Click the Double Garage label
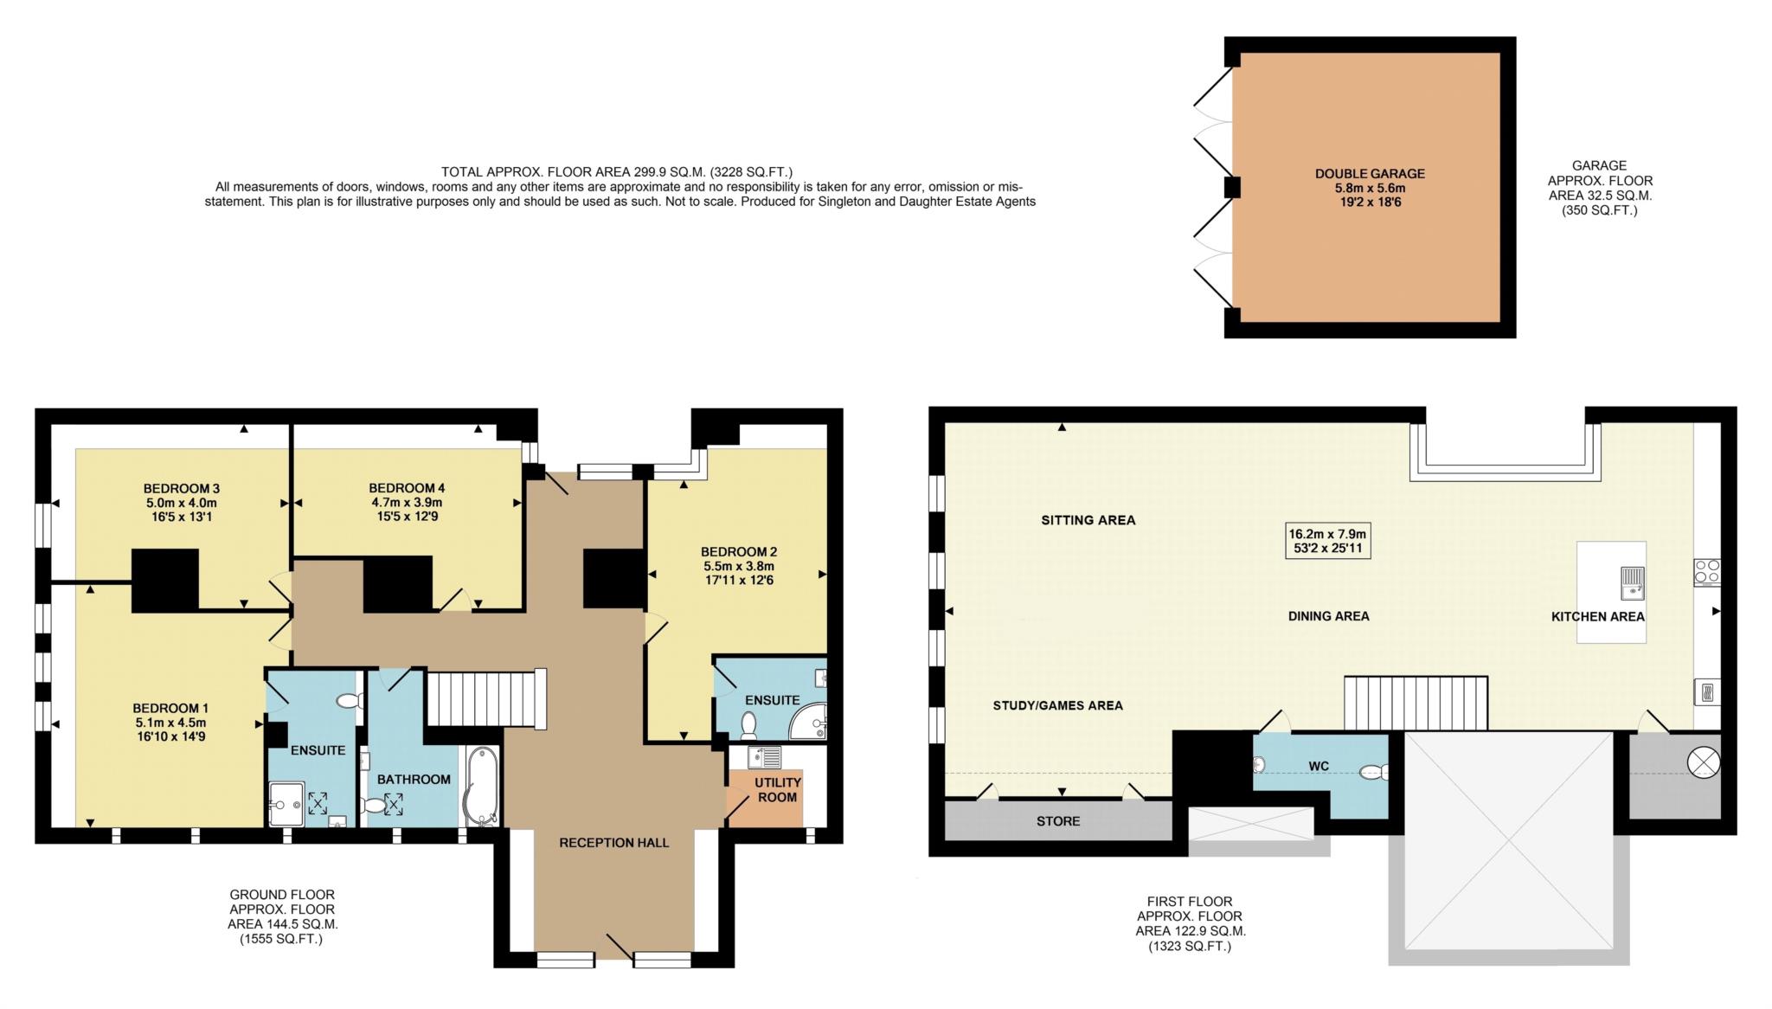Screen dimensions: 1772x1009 pyautogui.click(x=1370, y=173)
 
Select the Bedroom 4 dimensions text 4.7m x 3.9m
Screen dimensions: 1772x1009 pyautogui.click(x=407, y=502)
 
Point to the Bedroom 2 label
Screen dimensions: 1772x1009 pyautogui.click(x=739, y=551)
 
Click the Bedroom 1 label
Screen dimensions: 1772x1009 pyautogui.click(x=170, y=708)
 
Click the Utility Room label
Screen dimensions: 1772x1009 pyautogui.click(x=778, y=789)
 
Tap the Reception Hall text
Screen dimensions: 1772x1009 pyautogui.click(x=614, y=842)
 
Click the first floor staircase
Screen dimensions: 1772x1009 pyautogui.click(x=1416, y=704)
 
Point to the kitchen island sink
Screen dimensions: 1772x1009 pyautogui.click(x=1632, y=582)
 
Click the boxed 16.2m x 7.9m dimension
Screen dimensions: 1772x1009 pyautogui.click(x=1328, y=541)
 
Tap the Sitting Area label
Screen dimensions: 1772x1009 pyautogui.click(x=1088, y=520)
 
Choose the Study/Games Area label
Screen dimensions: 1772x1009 pyautogui.click(x=1057, y=705)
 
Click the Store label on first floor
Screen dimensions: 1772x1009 pyautogui.click(x=1058, y=820)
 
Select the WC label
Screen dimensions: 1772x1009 pyautogui.click(x=1319, y=766)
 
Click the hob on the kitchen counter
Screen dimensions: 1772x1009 pyautogui.click(x=1707, y=572)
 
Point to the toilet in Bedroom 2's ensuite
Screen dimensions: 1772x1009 pyautogui.click(x=748, y=723)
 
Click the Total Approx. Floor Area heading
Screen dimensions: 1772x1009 pyautogui.click(x=617, y=171)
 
